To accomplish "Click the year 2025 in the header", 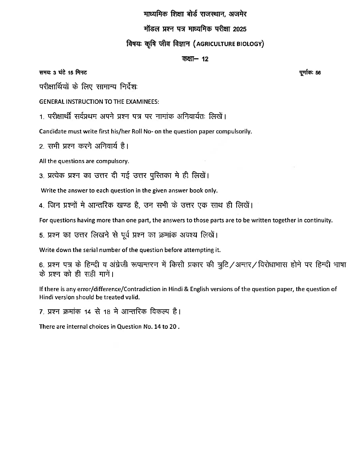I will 239,29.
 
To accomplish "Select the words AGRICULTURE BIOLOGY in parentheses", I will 229,44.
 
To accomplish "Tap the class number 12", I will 205,59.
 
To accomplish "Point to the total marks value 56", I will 318,73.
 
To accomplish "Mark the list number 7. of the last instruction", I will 41,312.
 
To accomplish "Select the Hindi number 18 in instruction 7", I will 107,312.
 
